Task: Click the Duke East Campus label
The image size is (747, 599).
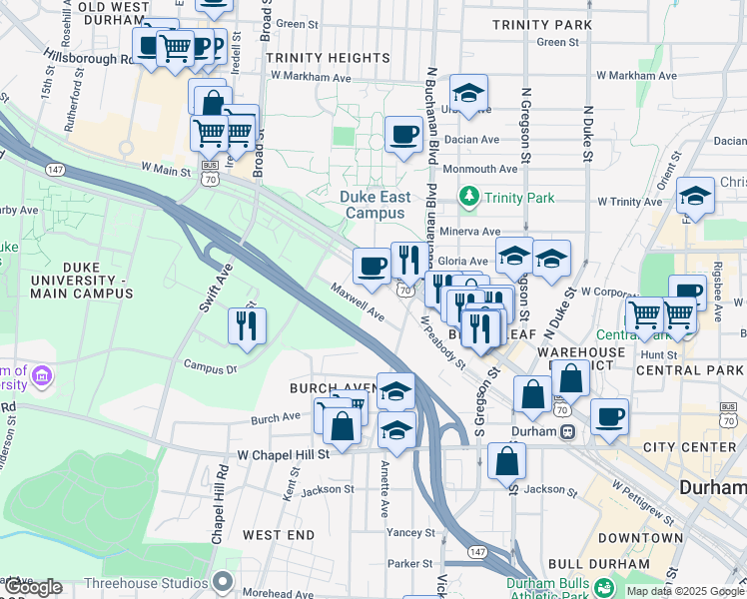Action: pyautogui.click(x=374, y=205)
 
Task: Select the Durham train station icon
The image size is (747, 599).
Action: pyautogui.click(x=566, y=431)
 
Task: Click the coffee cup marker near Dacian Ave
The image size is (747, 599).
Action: pyautogui.click(x=403, y=133)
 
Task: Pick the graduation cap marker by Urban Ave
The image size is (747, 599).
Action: pyautogui.click(x=468, y=94)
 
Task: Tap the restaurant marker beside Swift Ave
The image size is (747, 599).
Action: pyautogui.click(x=247, y=324)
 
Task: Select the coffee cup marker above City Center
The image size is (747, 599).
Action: pyautogui.click(x=608, y=416)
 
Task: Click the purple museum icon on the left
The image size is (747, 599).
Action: pyautogui.click(x=42, y=376)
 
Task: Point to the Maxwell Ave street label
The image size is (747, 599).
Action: pyautogui.click(x=359, y=300)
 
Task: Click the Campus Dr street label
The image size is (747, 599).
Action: pyautogui.click(x=210, y=366)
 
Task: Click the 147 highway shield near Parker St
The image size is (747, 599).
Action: pyautogui.click(x=476, y=551)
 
